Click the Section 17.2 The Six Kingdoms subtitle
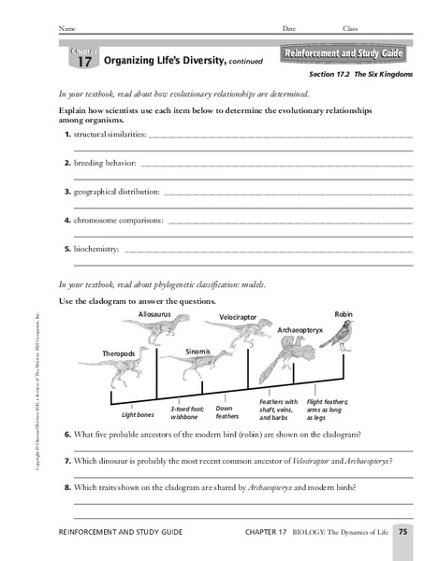tap(358, 75)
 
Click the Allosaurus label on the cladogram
tap(155, 316)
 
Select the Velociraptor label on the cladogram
tap(238, 318)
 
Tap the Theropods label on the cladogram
tap(120, 353)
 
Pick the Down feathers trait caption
tap(227, 412)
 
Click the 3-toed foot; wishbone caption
tap(187, 412)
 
